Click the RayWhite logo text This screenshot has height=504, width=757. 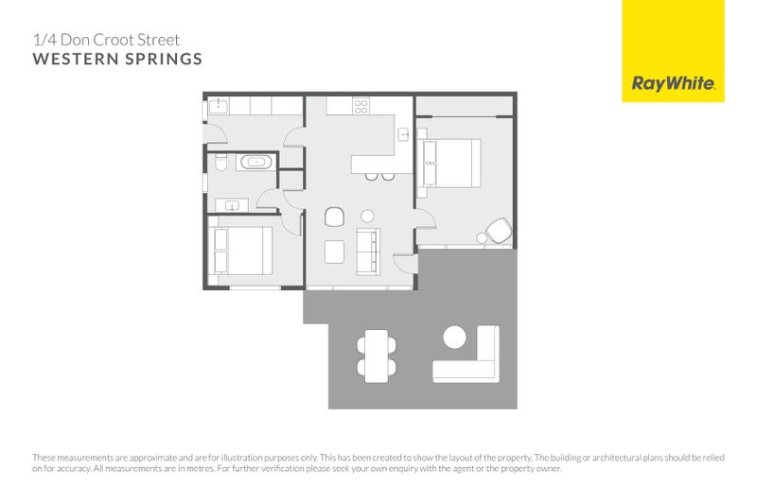click(x=673, y=83)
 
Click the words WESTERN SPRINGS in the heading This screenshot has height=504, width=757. click(x=117, y=60)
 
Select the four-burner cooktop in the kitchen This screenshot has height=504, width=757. click(x=361, y=106)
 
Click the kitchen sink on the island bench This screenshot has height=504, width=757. click(x=404, y=134)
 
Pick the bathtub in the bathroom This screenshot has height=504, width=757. click(x=255, y=163)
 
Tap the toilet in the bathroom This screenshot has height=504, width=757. click(x=220, y=163)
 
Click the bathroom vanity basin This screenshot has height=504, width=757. click(x=231, y=203)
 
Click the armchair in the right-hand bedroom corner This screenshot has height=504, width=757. click(x=499, y=230)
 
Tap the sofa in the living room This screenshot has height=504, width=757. click(x=368, y=251)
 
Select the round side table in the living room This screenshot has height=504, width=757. click(x=367, y=216)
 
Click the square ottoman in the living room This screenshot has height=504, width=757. click(x=335, y=251)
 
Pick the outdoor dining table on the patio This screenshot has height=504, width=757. click(x=377, y=355)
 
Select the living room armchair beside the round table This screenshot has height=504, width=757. click(x=334, y=217)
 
